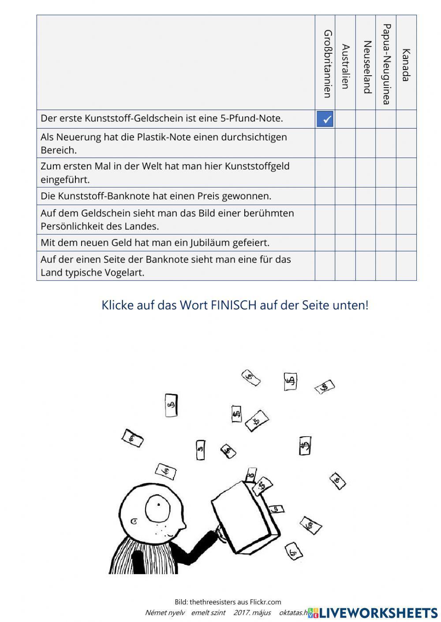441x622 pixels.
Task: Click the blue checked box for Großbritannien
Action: coord(325,119)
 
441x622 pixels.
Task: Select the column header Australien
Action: coord(345,66)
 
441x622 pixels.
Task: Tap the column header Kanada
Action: coord(406,65)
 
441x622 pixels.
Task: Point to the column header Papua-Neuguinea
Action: coord(386,64)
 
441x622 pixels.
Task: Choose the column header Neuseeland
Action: coord(366,67)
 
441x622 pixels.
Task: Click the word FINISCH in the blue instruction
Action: coord(233,305)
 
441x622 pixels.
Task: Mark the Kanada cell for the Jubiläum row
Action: coord(406,243)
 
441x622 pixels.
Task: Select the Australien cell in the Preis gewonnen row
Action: coord(345,196)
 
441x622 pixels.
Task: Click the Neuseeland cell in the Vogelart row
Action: coord(366,265)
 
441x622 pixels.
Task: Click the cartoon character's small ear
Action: coord(134,523)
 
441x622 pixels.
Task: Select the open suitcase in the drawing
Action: coord(245,517)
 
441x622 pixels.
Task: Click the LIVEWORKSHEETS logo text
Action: coord(378,612)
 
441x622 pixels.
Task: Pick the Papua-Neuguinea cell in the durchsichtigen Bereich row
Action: coord(386,143)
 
